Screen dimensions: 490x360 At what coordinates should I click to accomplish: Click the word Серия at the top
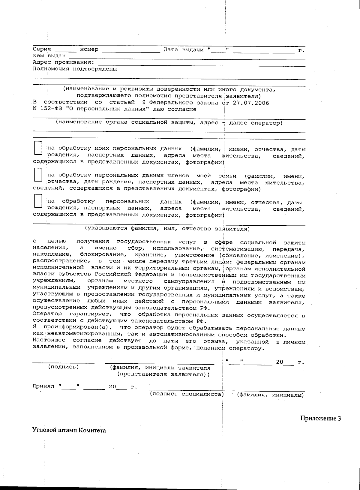[x=42, y=49]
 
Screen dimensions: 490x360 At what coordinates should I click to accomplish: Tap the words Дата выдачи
[x=184, y=50]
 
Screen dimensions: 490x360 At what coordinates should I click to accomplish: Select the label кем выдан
[x=49, y=56]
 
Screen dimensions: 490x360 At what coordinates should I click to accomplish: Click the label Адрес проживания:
[x=63, y=62]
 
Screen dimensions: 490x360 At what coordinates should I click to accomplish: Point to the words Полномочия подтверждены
[x=75, y=69]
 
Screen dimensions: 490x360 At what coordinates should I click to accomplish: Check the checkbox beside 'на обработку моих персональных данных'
[x=38, y=148]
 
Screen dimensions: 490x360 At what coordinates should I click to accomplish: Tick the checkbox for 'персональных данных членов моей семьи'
[x=38, y=175]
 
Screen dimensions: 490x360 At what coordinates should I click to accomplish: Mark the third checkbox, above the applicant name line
[x=38, y=201]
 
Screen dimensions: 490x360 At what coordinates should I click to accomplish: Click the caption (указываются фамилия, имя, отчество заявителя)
[x=167, y=229]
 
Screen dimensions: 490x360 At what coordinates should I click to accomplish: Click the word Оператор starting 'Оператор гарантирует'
[x=47, y=314]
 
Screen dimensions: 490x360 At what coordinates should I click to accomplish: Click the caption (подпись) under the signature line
[x=64, y=367]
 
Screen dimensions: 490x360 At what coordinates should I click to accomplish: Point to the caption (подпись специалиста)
[x=187, y=394]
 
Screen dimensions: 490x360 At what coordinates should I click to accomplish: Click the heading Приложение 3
[x=320, y=419]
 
